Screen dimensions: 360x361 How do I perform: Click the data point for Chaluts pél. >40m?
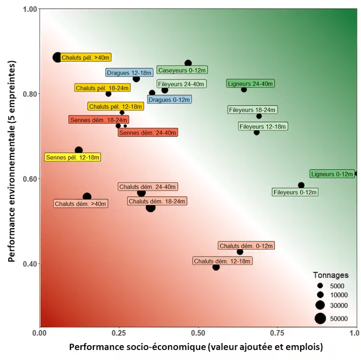[57, 57]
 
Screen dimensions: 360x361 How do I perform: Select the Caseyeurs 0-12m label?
[182, 70]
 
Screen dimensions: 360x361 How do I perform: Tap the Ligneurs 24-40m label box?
[250, 83]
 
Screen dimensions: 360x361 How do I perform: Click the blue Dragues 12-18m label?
[130, 73]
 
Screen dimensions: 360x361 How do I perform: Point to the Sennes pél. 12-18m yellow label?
[73, 157]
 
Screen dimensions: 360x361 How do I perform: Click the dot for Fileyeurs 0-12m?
[301, 185]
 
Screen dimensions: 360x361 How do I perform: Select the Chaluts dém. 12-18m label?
[223, 261]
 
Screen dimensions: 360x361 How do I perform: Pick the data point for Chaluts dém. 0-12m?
[240, 252]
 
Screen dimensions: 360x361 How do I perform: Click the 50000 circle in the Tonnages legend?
[320, 318]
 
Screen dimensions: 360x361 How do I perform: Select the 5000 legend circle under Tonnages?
[320, 285]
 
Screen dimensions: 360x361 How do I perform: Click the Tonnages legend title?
[330, 275]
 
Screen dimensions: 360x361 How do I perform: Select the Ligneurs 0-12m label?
[332, 174]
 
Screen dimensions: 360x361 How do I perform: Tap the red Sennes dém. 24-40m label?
[148, 132]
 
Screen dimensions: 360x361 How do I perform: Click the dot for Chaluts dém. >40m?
[87, 197]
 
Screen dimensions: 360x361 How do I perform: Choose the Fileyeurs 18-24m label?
[252, 110]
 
